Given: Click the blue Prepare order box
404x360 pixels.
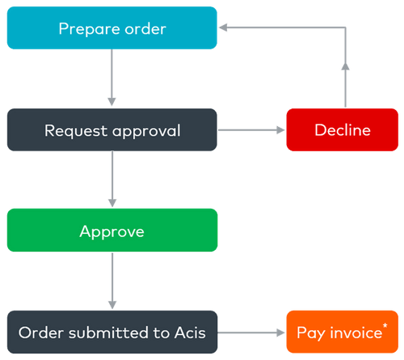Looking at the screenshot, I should point(112,28).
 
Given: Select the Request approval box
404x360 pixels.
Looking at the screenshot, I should point(112,129).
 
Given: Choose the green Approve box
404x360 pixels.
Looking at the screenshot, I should point(112,231).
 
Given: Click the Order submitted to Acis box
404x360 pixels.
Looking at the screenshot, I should point(112,332).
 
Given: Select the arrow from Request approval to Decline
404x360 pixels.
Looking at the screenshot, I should point(250,129).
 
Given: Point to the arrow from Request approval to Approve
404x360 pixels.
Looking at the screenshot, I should point(112,180).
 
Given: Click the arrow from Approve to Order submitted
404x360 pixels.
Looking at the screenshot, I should point(112,281).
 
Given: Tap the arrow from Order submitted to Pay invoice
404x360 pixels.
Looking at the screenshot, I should point(250,332).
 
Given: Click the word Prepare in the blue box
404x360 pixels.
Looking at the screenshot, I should point(85,29).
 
